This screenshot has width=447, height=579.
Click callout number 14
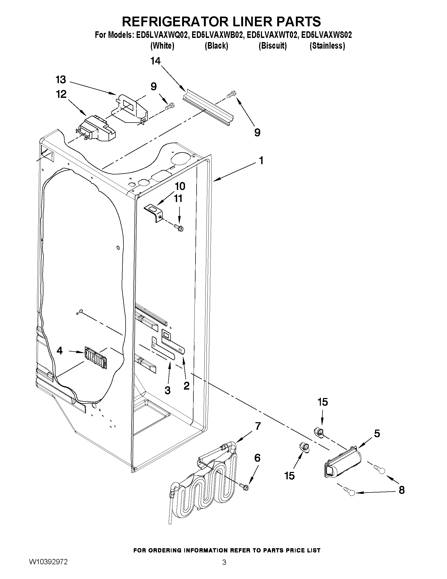click(x=156, y=61)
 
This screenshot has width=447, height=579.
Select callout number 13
click(x=61, y=79)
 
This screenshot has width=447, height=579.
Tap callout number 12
click(x=61, y=94)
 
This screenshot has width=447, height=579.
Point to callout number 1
click(x=261, y=160)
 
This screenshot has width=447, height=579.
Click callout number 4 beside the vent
click(x=60, y=351)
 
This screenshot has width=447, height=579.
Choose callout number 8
click(x=402, y=490)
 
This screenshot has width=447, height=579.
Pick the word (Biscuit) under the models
click(x=273, y=46)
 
